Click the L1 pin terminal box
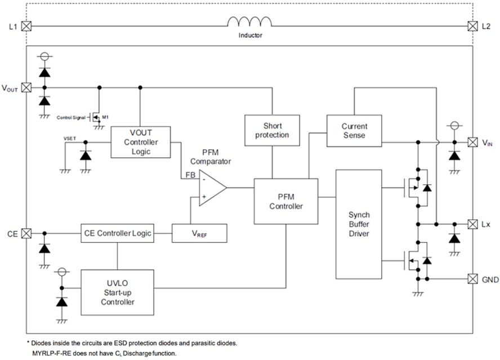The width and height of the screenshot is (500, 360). (26, 25)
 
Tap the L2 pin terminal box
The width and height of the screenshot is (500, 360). (472, 25)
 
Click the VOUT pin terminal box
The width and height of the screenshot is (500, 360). (26, 88)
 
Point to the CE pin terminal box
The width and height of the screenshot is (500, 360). (26, 233)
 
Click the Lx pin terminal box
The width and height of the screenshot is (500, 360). (472, 224)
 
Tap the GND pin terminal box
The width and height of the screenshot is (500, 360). (472, 278)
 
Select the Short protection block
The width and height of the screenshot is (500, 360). (272, 130)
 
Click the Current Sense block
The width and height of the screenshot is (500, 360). (354, 131)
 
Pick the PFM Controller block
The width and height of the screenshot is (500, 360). (286, 202)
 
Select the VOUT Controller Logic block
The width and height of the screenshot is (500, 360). (141, 142)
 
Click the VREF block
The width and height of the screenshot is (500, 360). (199, 233)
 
